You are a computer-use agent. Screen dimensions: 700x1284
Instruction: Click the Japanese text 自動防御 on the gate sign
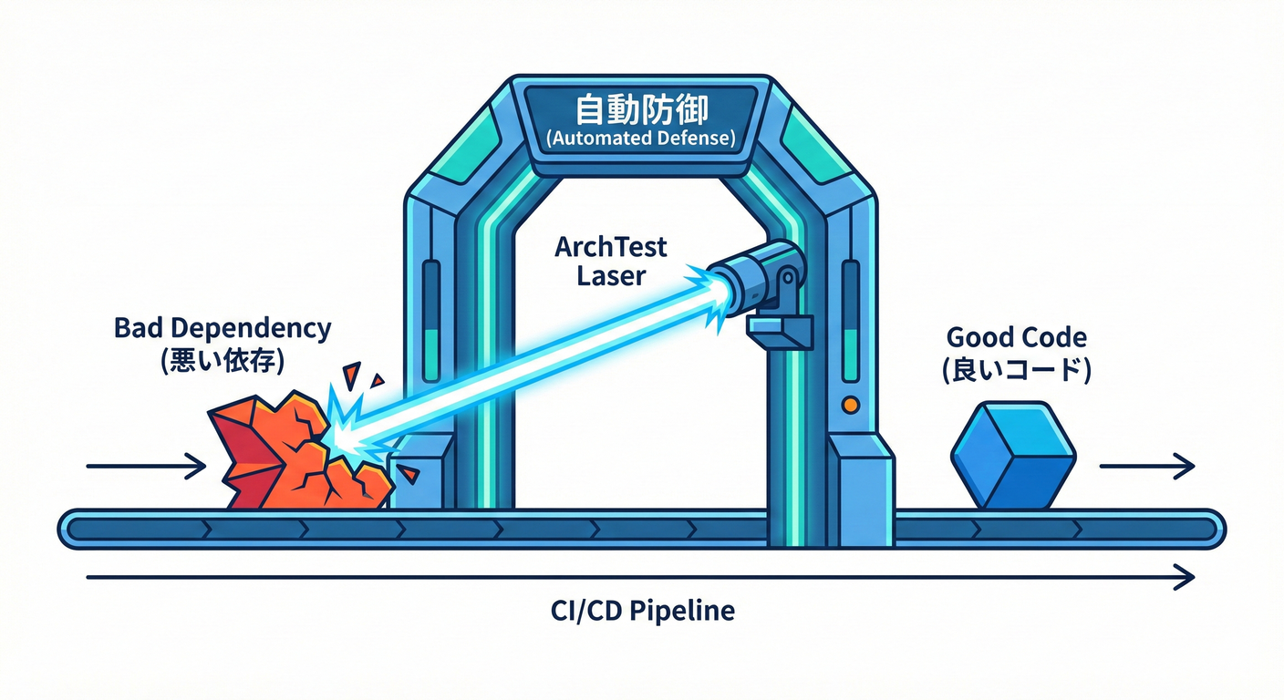tap(641, 111)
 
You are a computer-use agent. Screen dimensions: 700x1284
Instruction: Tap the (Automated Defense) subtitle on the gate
tap(641, 139)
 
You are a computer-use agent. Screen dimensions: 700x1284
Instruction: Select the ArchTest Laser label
tap(611, 261)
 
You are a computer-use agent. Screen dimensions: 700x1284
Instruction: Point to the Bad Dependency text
tap(223, 329)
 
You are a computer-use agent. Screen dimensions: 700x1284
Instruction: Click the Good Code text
tap(1017, 337)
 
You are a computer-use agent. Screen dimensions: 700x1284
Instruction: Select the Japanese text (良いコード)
tap(1017, 370)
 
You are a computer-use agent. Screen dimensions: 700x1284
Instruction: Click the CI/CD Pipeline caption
tap(641, 610)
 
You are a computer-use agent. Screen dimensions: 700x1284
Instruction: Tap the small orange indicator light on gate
tap(850, 403)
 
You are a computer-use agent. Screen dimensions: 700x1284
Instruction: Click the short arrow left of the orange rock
tap(146, 467)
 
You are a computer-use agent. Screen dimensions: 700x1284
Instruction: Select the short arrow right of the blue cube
tap(1146, 467)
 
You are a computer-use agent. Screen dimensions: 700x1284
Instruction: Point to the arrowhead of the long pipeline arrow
tap(1185, 577)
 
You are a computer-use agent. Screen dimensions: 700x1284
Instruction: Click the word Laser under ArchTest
tap(611, 275)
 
